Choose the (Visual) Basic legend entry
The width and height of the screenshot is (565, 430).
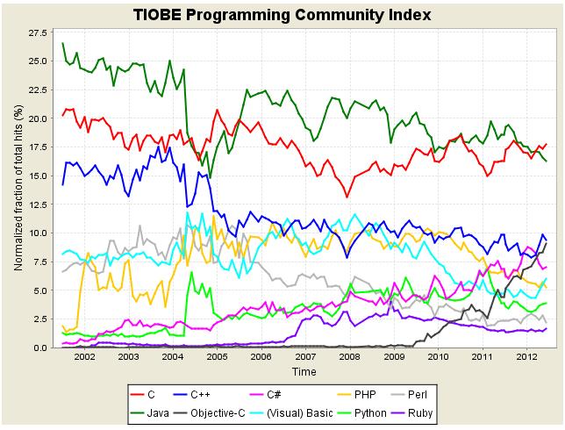[343, 411]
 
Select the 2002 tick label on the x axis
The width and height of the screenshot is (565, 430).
[84, 358]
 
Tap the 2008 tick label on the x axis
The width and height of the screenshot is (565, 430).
[349, 358]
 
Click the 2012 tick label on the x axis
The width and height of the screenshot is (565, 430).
[526, 358]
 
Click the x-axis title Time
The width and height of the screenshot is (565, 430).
[304, 372]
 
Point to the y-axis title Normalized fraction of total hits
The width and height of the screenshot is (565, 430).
[18, 190]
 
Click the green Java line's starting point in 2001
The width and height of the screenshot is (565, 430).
[62, 43]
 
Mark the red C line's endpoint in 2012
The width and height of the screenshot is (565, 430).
[547, 144]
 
